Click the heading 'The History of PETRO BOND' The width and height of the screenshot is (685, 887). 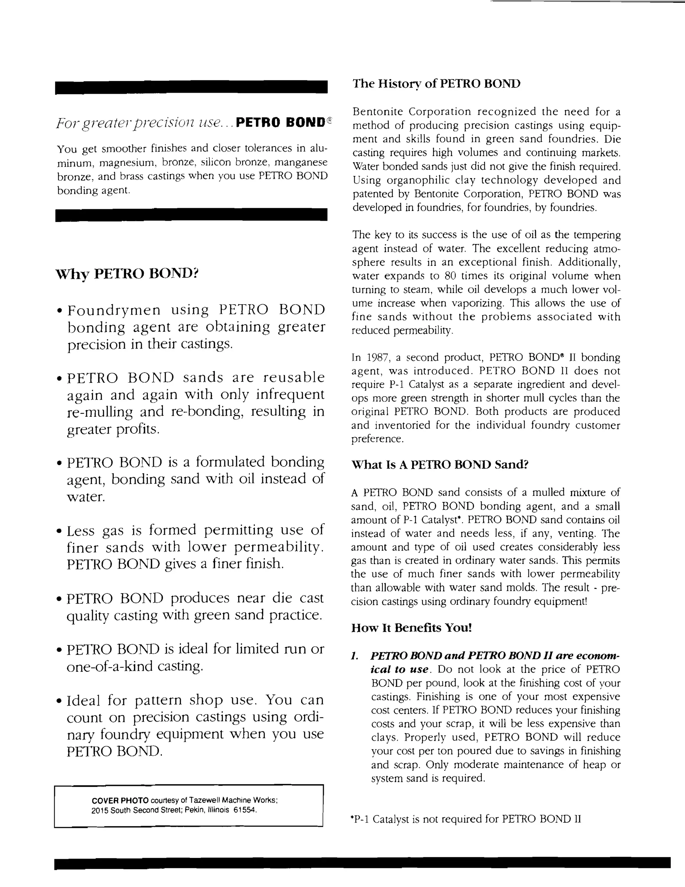[436, 84]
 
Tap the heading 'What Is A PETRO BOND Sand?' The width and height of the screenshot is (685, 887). [439, 465]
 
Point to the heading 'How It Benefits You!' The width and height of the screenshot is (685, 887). [411, 628]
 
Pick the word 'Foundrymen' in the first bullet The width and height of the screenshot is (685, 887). [114, 310]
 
